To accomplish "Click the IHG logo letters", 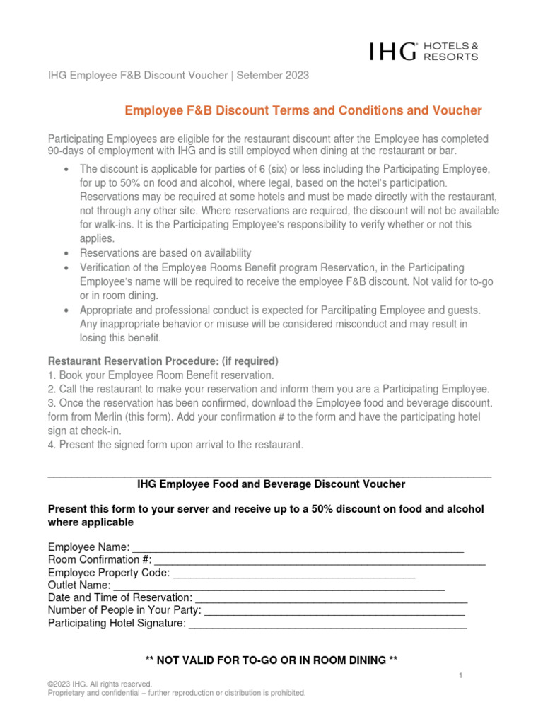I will tap(392, 51).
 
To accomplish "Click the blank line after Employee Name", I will tap(298, 549).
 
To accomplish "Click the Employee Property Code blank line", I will tap(293, 573).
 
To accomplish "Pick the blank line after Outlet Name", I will tap(279, 586).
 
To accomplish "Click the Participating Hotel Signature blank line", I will tap(328, 624).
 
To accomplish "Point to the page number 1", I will tap(460, 676).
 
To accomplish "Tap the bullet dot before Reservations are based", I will tap(66, 253).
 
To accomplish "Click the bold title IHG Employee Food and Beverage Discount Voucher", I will tap(271, 484).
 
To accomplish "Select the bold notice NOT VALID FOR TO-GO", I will tap(271, 660).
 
